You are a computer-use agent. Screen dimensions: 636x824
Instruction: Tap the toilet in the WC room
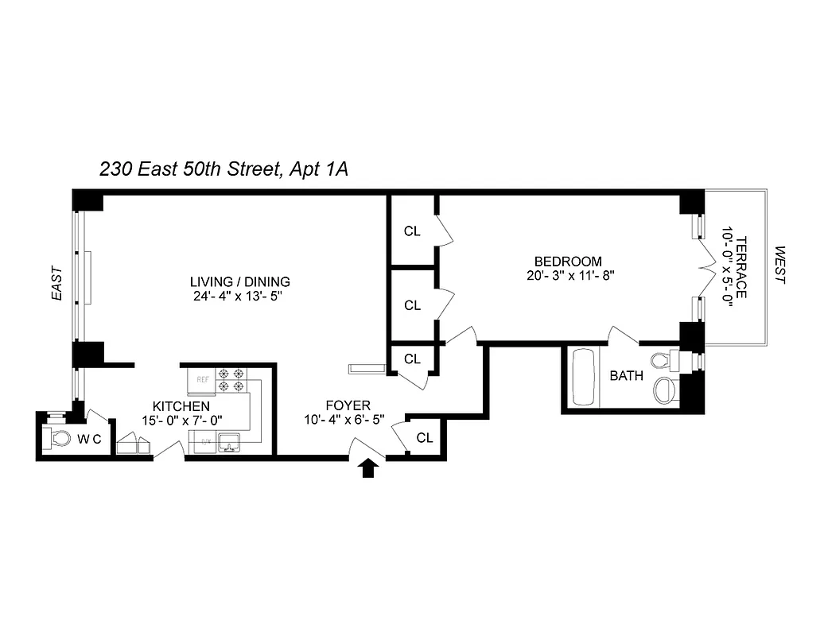pyautogui.click(x=59, y=438)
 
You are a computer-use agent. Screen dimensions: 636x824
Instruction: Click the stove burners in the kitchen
pyautogui.click(x=231, y=380)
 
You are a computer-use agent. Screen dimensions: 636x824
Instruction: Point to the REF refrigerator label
pyautogui.click(x=202, y=380)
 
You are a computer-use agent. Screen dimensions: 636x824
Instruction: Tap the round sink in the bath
pyautogui.click(x=665, y=390)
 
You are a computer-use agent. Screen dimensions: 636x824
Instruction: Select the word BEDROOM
pyautogui.click(x=567, y=262)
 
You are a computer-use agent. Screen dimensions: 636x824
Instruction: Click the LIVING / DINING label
pyautogui.click(x=239, y=281)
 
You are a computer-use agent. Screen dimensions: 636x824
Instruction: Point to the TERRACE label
pyautogui.click(x=740, y=267)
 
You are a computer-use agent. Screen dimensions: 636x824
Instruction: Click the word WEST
pyautogui.click(x=779, y=266)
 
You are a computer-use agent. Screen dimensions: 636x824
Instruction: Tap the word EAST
pyautogui.click(x=56, y=283)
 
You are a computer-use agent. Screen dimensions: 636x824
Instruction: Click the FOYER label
pyautogui.click(x=348, y=405)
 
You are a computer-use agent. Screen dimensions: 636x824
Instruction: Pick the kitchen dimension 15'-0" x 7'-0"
pyautogui.click(x=181, y=420)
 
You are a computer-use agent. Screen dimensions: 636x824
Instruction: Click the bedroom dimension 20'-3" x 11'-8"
pyautogui.click(x=567, y=276)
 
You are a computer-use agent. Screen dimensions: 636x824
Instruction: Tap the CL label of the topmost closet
pyautogui.click(x=412, y=231)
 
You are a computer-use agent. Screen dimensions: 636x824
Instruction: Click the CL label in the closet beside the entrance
pyautogui.click(x=425, y=437)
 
